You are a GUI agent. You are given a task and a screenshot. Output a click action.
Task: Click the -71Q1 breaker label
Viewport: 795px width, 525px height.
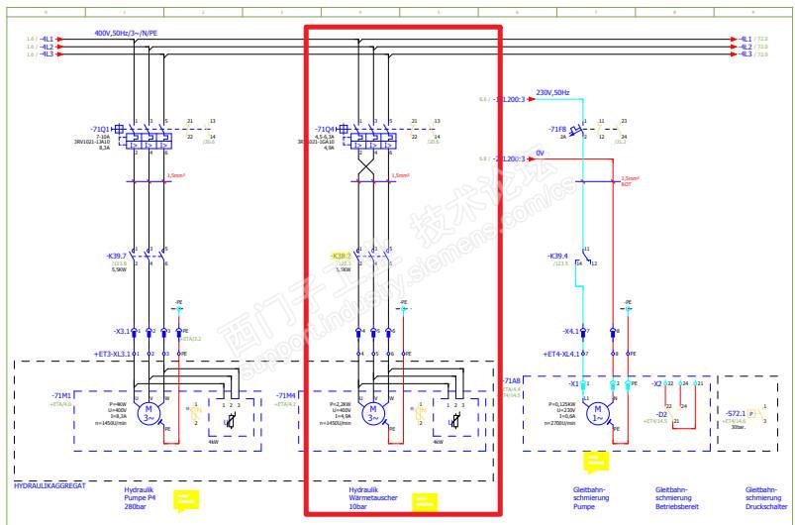pos(100,129)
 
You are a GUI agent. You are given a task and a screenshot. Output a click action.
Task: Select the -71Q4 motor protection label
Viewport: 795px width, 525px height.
pos(326,129)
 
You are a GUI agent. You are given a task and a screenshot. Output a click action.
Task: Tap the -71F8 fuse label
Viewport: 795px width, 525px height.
pos(557,129)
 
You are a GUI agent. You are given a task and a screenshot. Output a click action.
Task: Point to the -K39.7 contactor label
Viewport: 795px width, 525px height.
pos(115,256)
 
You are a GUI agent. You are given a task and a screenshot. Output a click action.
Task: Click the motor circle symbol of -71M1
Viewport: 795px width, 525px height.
pos(149,410)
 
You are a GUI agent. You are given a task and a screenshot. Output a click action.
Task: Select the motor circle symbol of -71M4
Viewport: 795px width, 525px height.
pos(374,410)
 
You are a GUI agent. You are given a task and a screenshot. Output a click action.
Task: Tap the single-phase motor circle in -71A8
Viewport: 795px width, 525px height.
pos(598,410)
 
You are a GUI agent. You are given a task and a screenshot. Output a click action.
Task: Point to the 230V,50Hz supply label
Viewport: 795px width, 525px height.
pos(551,92)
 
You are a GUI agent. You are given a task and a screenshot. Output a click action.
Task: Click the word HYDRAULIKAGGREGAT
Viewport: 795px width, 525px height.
pos(49,485)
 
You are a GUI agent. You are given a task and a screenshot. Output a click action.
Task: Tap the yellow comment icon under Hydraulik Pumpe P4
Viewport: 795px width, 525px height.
pos(186,501)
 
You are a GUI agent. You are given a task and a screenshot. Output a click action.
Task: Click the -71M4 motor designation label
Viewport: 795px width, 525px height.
pos(287,394)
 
